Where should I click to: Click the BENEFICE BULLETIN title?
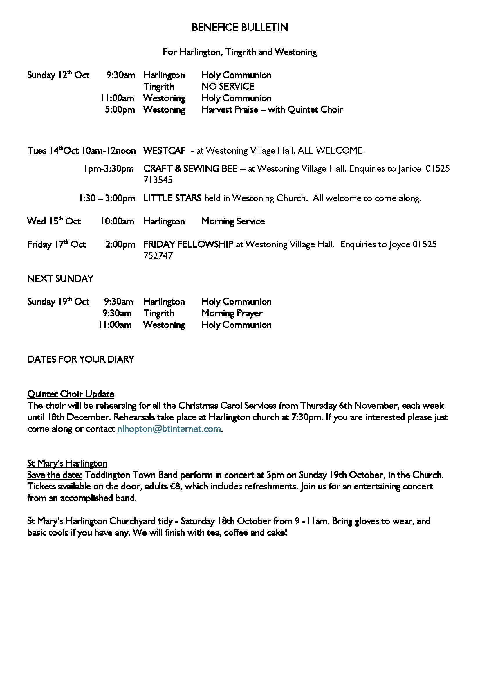point(240,28)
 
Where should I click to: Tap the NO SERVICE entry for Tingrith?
point(228,87)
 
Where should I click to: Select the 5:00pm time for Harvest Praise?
point(120,110)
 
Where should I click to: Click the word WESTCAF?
point(164,151)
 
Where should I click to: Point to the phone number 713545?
point(158,180)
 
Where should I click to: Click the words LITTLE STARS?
point(172,198)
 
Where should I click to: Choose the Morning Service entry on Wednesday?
point(233,221)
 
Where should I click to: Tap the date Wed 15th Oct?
point(54,221)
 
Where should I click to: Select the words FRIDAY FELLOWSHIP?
point(188,244)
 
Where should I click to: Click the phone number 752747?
point(158,256)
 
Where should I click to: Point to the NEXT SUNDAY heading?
point(60,279)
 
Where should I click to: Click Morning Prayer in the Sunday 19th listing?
point(232,314)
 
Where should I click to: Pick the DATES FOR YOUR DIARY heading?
point(81,359)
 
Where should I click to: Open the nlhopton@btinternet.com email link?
point(169,429)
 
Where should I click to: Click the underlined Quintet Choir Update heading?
point(71,394)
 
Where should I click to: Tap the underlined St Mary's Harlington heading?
point(67,463)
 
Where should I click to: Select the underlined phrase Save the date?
point(55,475)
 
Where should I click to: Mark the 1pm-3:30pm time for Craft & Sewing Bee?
point(109,169)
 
